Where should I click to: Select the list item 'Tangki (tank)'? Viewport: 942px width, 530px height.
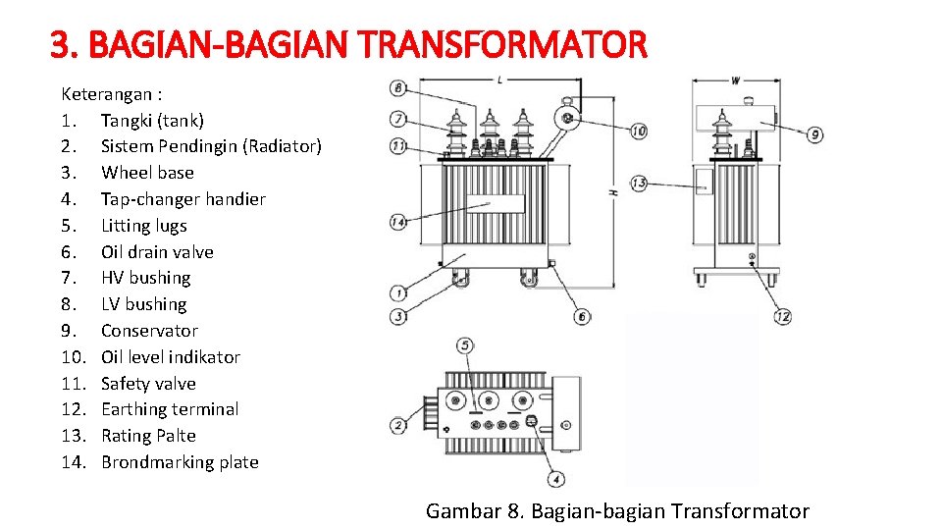tap(152, 120)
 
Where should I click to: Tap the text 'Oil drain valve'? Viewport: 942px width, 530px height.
tap(157, 251)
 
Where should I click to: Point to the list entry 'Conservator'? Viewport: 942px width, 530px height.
tap(149, 331)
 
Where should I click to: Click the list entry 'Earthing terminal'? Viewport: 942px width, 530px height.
tap(170, 409)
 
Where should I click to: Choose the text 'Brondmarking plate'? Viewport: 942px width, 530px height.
tap(180, 462)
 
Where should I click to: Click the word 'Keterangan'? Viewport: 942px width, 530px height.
tap(106, 94)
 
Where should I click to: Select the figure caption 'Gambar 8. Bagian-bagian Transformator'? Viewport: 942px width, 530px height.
tap(617, 510)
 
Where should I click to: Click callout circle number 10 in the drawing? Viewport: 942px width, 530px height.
tap(638, 131)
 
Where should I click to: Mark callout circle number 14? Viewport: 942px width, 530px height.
tap(397, 222)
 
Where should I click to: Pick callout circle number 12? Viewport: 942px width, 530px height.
tap(782, 316)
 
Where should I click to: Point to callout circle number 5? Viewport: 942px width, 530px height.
tap(465, 345)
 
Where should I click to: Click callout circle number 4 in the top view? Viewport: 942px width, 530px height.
tap(556, 479)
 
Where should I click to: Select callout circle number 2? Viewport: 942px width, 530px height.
tap(398, 425)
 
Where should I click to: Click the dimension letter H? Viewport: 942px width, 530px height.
tap(613, 192)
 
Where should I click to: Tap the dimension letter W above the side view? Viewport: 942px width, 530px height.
tap(735, 80)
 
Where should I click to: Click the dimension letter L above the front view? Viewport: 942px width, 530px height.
tap(500, 79)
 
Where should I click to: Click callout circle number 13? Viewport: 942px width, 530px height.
tap(639, 184)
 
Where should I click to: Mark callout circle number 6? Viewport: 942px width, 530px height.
tap(582, 316)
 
